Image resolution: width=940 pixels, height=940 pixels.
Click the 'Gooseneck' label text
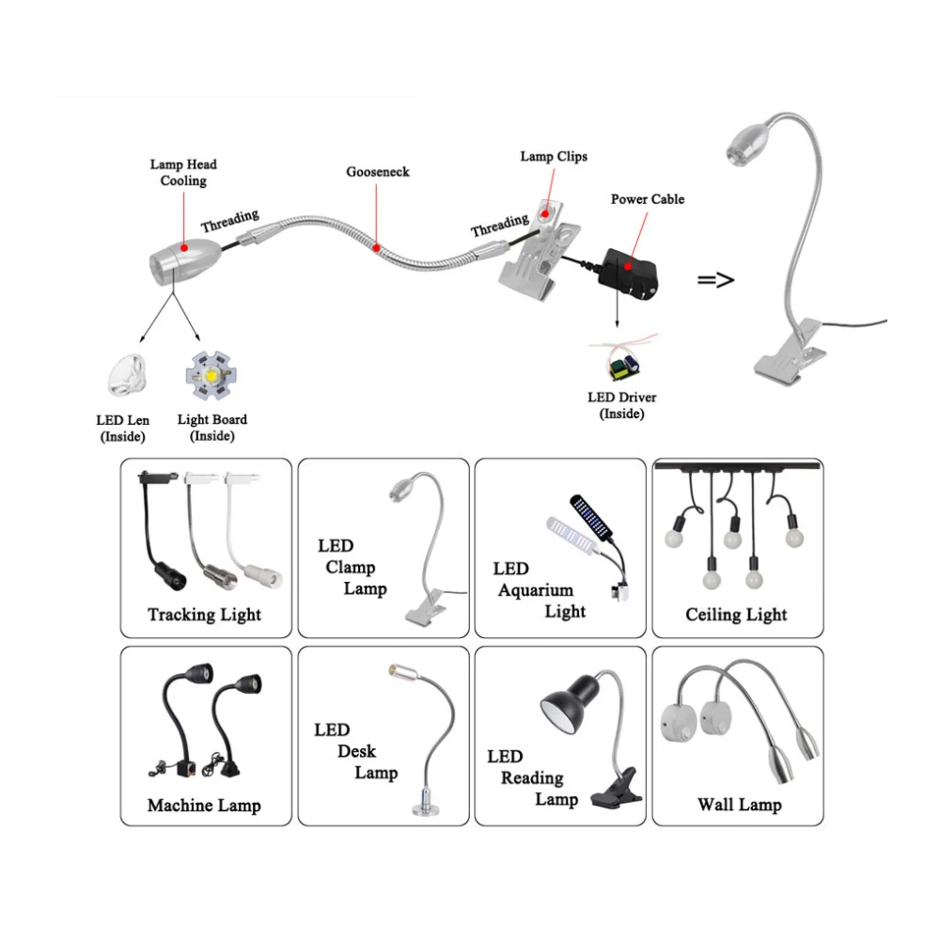coord(377,172)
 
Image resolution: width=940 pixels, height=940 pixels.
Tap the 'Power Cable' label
coord(648,199)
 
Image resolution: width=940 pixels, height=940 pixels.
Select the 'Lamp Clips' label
coord(554,156)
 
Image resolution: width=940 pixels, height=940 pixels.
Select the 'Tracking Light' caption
coord(204,615)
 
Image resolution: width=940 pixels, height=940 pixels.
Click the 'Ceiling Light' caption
coord(736,615)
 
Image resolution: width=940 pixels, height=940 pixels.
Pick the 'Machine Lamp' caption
coord(204,806)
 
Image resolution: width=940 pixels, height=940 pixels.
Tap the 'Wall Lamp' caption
coord(739,805)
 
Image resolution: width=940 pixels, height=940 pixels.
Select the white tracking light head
coord(258,570)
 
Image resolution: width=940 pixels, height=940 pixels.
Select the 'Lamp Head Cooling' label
coord(183,172)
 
